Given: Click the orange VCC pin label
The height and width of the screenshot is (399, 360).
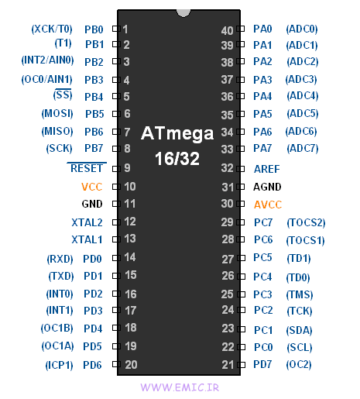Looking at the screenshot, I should point(92,187).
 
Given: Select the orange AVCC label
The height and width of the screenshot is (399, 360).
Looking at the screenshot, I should point(268,205).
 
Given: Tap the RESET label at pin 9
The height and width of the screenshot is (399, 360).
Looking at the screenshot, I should point(86,167).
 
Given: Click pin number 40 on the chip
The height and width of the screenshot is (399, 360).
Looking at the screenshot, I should point(227,30).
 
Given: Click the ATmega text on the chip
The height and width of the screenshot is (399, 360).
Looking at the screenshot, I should point(178,133).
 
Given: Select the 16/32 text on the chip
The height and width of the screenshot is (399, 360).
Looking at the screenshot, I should point(179,157).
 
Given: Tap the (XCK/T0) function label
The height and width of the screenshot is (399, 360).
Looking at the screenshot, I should point(51,29).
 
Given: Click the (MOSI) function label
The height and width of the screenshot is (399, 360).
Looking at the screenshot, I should point(57,114).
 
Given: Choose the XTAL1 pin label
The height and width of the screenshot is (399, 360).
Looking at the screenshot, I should point(87,239).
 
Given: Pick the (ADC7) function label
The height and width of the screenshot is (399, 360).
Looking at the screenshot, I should point(302,148).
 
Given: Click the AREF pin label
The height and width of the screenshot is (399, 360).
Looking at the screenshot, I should point(266,168).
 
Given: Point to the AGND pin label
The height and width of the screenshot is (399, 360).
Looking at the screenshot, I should point(267,187).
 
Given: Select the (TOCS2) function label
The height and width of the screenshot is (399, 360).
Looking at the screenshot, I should point(305,222).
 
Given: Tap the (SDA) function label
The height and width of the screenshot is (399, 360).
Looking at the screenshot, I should point(299,329).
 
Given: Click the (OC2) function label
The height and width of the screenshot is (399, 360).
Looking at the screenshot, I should point(299,364).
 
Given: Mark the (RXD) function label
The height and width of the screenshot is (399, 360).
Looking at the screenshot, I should point(60,259).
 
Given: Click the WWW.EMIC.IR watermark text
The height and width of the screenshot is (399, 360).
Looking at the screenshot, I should point(180,385).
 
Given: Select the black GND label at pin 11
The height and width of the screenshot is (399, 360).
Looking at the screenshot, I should point(92,205).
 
